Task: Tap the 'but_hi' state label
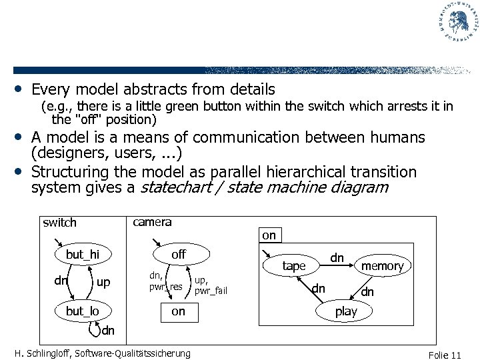point(82,255)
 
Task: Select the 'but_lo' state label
point(82,312)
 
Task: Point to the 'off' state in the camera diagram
point(179,255)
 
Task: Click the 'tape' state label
point(294,266)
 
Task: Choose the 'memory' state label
point(383,266)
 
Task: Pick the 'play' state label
point(346,311)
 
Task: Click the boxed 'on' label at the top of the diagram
point(269,235)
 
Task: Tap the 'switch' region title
point(59,223)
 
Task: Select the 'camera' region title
point(152,222)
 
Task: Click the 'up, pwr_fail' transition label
point(210,286)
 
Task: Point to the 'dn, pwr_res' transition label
point(165,281)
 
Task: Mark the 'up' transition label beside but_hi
point(103,283)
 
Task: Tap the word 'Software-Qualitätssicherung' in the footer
point(134,353)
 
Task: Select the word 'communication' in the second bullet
point(259,137)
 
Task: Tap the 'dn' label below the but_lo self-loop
point(109,329)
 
